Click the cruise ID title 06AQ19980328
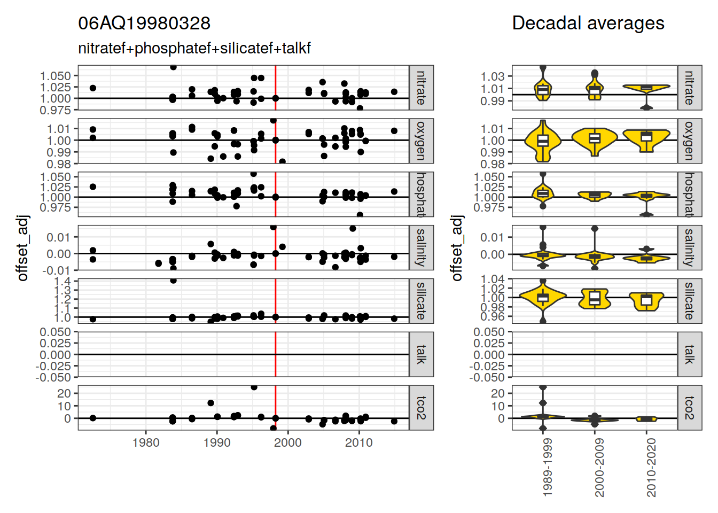[x=144, y=24]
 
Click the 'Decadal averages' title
[x=588, y=24]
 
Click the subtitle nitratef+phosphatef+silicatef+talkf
[x=194, y=49]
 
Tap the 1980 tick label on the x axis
[x=146, y=442]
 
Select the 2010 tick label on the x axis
[x=358, y=442]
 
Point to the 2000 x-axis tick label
[x=288, y=442]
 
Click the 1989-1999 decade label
[x=547, y=468]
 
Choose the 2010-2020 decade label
[x=651, y=468]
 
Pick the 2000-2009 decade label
[x=599, y=468]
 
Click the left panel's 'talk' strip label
[x=422, y=354]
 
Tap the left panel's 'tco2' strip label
[x=422, y=408]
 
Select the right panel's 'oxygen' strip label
[x=690, y=141]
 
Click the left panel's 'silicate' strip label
[x=422, y=301]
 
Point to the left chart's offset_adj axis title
[x=22, y=248]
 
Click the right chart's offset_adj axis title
[x=456, y=248]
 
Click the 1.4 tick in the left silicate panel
[x=63, y=281]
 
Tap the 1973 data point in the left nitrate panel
[x=93, y=88]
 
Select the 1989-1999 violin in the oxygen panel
[x=543, y=141]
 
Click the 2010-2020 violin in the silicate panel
[x=646, y=301]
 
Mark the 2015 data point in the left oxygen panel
[x=394, y=131]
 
